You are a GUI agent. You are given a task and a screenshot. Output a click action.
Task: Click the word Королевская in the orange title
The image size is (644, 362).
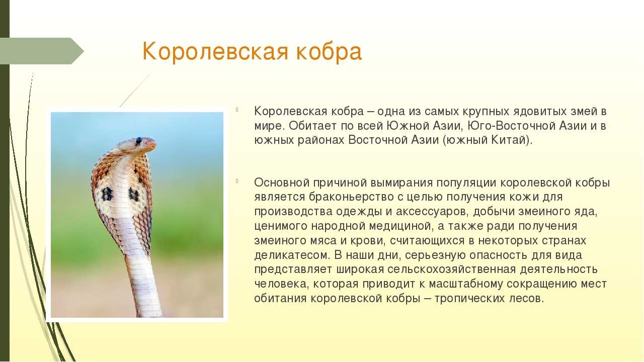pos(215,51)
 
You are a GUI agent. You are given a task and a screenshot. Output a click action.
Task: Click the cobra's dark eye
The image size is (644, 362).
pos(139,141)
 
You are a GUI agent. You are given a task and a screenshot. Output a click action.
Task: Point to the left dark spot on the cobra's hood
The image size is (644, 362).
pos(107,194)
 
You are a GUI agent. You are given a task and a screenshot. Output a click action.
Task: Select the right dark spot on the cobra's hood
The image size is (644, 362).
pos(134,194)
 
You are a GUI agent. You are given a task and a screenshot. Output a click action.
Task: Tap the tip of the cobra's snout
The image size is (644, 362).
pos(155,144)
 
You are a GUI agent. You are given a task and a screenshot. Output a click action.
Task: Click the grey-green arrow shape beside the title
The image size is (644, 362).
pos(42,51)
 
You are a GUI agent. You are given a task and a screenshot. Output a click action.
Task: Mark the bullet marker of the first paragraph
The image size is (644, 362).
pos(237,109)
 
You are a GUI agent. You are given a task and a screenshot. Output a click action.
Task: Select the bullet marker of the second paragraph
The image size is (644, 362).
pos(237,180)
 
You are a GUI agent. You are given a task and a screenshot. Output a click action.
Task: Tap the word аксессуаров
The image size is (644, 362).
pos(432,212)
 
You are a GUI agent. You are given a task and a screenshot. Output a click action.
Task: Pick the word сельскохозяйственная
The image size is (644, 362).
pos(452,269)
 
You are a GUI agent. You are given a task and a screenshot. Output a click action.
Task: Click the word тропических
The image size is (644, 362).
pos(469,299)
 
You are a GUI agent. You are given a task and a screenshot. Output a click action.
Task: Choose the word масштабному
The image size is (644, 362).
pos(466,284)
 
